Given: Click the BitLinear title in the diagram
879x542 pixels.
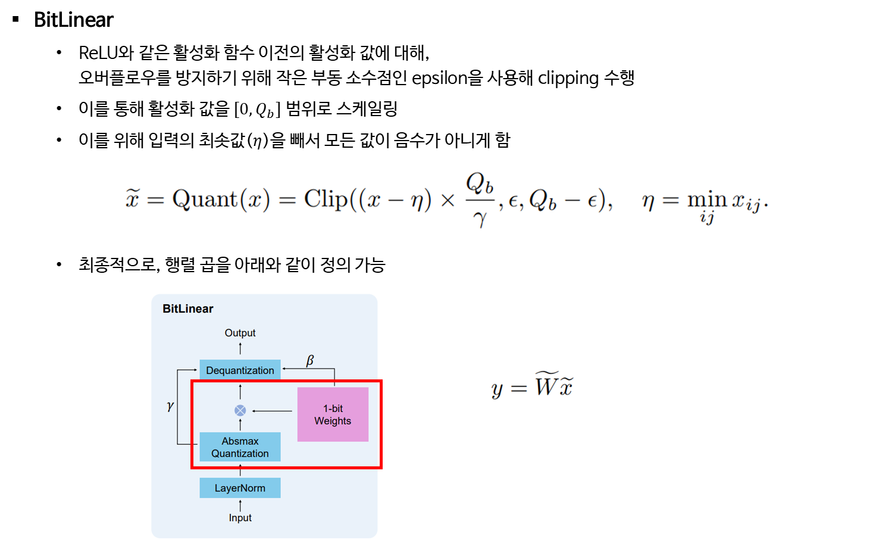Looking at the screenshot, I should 187,309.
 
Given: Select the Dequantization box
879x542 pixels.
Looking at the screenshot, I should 240,370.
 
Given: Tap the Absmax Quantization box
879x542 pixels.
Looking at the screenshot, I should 240,447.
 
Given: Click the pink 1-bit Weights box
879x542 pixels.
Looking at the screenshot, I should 333,415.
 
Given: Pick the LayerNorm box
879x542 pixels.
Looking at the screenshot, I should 240,488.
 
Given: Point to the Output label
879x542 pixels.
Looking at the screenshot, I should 240,333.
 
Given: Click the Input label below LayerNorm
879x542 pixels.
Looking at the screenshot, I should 240,518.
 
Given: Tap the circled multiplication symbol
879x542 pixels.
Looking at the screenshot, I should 240,410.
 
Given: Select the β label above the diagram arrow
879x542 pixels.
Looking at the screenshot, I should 310,360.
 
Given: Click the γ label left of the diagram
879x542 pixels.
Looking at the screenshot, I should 171,406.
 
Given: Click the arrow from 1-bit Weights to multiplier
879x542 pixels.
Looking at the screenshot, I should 273,411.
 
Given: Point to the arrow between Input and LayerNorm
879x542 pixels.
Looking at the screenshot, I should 240,505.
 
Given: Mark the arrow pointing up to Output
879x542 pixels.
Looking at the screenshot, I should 240,348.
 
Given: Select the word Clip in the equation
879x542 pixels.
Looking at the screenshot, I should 326,198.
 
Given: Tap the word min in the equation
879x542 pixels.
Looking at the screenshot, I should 707,199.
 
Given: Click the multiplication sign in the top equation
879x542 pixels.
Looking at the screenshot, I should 448,201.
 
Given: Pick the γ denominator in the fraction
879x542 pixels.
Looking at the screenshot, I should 480,219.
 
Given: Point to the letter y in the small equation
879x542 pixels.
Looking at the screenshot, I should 497,390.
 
